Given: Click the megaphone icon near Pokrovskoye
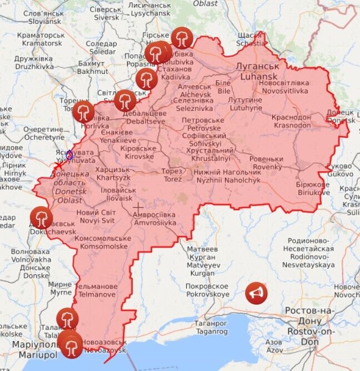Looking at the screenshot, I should click(x=256, y=293).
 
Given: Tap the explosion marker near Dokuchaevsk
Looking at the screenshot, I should click(x=42, y=217).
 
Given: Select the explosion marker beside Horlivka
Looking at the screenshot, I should click(x=83, y=111).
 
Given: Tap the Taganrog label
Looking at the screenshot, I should click(x=211, y=327).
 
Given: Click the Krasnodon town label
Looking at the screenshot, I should click(x=291, y=121).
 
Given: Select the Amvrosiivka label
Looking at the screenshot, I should click(x=154, y=219).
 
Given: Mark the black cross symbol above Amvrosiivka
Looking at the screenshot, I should click(x=138, y=208).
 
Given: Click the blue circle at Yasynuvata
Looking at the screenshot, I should click(x=69, y=155).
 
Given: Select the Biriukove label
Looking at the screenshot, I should click(x=313, y=188).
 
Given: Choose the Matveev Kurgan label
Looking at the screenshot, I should click(x=202, y=261).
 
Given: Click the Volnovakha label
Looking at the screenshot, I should click(x=31, y=255).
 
